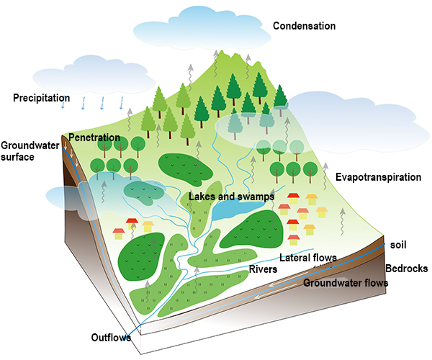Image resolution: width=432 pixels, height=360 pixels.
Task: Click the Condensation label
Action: [304, 27]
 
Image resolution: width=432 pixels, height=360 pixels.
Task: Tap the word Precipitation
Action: [41, 97]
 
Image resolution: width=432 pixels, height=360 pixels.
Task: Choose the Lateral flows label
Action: [307, 257]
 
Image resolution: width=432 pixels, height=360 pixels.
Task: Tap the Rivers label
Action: [263, 269]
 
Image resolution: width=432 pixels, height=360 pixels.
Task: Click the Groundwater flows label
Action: [346, 283]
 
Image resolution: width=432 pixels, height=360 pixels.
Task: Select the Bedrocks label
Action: [408, 269]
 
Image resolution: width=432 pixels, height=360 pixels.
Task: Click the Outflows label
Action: [111, 337]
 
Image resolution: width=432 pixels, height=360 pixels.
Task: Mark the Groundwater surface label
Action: [17, 150]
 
